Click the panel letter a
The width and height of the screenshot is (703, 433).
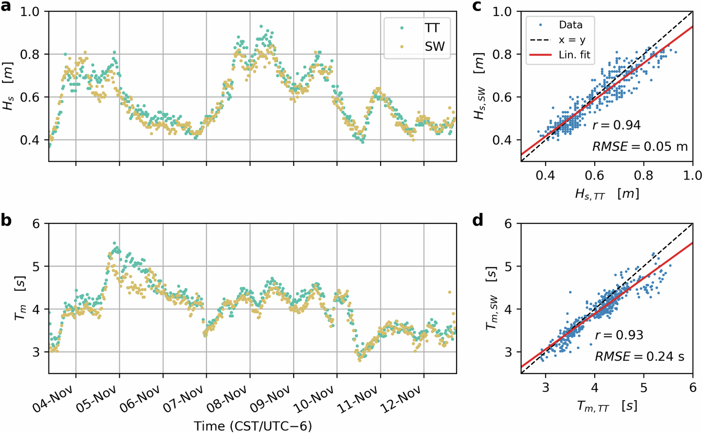[x=7, y=9]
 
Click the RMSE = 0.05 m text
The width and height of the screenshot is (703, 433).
[x=640, y=147]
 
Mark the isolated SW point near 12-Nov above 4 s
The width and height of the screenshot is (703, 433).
[x=449, y=292]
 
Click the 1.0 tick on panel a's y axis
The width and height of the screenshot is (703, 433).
[x=32, y=11]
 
